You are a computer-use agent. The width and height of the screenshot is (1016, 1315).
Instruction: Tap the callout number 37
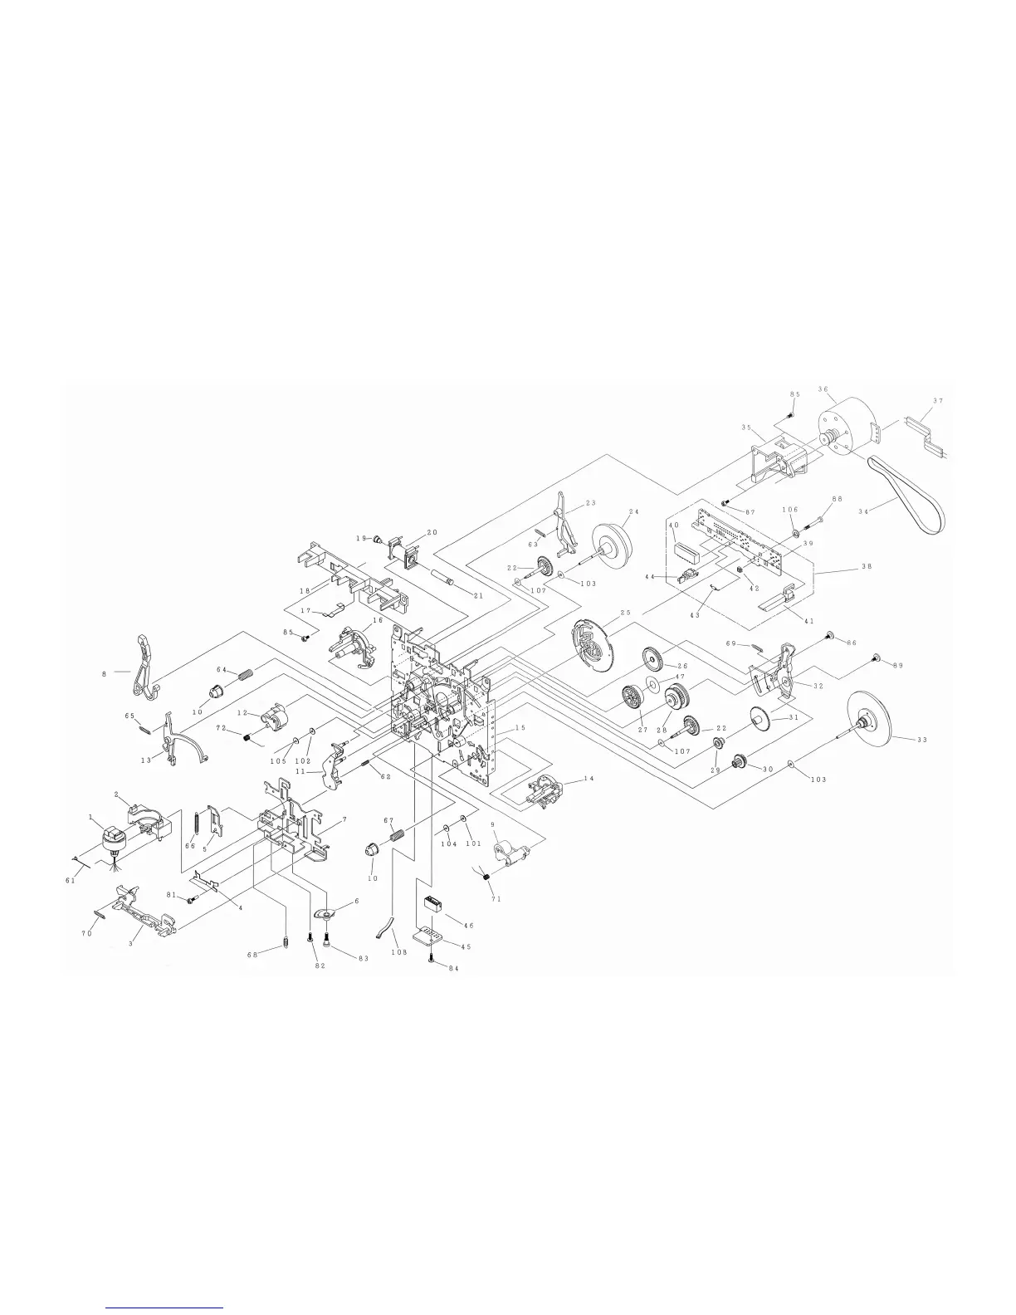(937, 401)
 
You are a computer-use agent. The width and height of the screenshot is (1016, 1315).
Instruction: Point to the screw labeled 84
(432, 958)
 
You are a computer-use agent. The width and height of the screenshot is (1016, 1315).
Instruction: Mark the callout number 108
(399, 952)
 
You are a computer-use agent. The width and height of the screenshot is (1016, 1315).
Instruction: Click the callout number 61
(71, 881)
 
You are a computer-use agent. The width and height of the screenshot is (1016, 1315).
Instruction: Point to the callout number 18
(305, 590)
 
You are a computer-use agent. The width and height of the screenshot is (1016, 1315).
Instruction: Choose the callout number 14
(589, 778)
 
